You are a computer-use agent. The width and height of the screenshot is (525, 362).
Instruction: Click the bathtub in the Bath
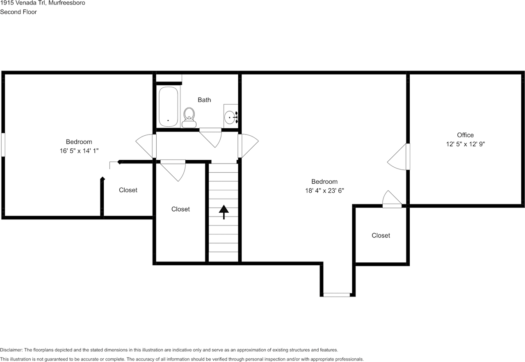[x=169, y=107]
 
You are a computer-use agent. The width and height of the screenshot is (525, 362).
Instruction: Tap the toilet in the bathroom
[x=189, y=117]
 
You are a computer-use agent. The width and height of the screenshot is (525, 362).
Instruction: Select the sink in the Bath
[x=231, y=117]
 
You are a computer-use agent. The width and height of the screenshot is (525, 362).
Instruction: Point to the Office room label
[x=465, y=135]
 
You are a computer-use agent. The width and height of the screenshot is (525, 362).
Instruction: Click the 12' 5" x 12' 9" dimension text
[x=465, y=144]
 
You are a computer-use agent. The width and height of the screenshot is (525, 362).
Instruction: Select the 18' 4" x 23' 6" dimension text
[x=324, y=191]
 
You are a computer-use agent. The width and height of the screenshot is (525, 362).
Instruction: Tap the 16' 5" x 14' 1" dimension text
[x=79, y=151]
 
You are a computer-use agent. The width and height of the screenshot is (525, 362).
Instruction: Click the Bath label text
[x=204, y=100]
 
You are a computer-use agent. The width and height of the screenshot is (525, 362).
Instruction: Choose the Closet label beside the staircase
[x=180, y=209]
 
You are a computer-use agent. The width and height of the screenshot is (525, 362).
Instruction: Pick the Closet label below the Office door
[x=381, y=235]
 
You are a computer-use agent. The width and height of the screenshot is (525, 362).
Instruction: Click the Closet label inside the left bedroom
[x=128, y=190]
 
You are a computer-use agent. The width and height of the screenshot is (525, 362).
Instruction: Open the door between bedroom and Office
[x=398, y=157]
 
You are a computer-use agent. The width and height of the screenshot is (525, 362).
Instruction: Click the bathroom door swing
[x=211, y=137]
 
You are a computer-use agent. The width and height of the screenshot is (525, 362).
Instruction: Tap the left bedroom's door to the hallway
[x=146, y=146]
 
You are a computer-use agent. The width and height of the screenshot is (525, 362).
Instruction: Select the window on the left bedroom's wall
[x=3, y=144]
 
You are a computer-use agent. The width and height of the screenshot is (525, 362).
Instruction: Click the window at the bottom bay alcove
[x=337, y=294]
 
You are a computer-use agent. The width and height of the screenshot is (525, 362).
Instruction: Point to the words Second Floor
[x=18, y=12]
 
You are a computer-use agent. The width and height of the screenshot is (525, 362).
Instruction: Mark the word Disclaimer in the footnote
[x=11, y=350]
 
